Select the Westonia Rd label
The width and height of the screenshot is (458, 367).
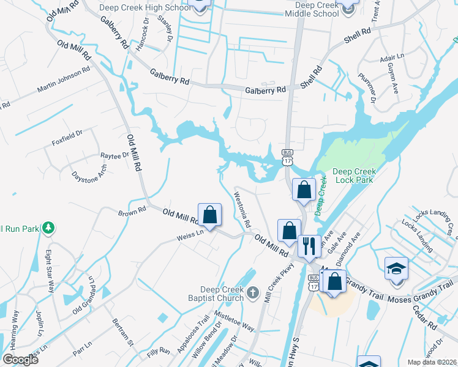(x=242, y=210)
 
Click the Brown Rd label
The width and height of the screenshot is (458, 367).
(x=132, y=212)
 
